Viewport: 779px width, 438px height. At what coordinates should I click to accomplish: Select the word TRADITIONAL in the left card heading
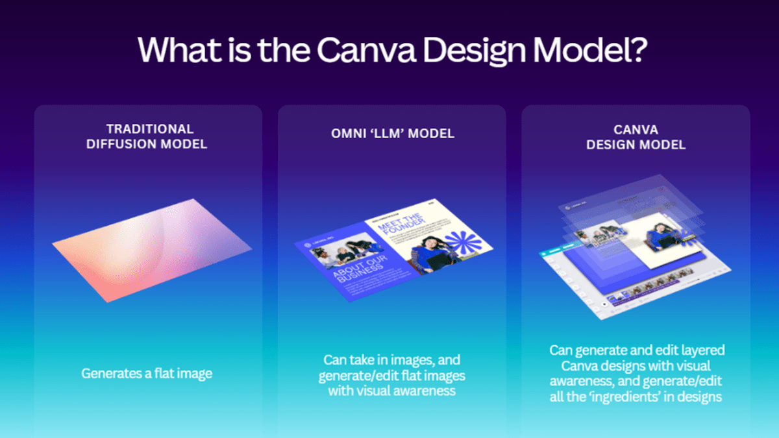click(x=149, y=128)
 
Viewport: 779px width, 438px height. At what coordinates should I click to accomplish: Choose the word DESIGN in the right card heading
click(x=613, y=144)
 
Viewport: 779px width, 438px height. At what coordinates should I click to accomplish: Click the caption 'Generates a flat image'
click(x=147, y=373)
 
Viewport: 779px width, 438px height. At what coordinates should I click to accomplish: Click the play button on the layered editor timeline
click(x=604, y=303)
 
